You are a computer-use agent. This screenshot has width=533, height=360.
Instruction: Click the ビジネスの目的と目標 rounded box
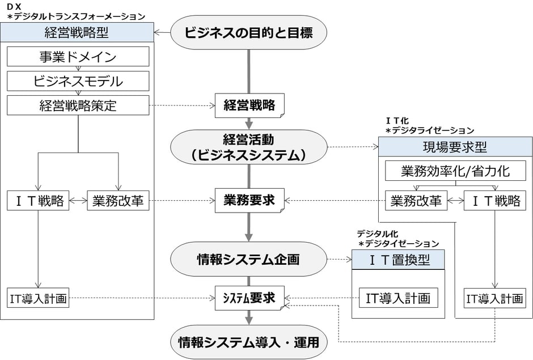click(248, 32)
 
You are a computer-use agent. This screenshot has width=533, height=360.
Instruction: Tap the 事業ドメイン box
click(78, 57)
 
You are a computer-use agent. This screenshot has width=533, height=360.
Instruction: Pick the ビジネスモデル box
click(78, 81)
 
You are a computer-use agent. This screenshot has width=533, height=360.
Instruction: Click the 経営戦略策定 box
click(78, 105)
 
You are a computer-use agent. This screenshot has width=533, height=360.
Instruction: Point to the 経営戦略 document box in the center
click(249, 105)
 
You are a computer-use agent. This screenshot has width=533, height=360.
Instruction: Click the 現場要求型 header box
click(455, 147)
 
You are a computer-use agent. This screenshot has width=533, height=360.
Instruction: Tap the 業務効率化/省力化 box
click(455, 171)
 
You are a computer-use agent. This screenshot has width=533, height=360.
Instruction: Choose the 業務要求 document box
click(249, 200)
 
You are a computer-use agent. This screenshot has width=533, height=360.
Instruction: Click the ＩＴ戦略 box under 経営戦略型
click(38, 201)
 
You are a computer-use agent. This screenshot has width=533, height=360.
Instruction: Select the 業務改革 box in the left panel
click(118, 201)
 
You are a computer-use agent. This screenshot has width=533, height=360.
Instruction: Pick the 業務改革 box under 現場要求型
click(416, 201)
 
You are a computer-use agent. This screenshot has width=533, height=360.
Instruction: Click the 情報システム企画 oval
click(249, 260)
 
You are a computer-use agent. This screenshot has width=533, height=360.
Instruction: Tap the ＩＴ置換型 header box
click(398, 260)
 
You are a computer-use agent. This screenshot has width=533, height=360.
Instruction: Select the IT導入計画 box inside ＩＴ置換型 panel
click(398, 297)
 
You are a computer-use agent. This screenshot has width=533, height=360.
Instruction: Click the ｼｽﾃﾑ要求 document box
click(249, 298)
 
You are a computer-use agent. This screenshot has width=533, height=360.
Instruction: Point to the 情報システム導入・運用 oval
click(249, 342)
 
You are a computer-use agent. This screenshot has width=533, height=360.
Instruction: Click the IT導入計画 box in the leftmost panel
click(38, 298)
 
